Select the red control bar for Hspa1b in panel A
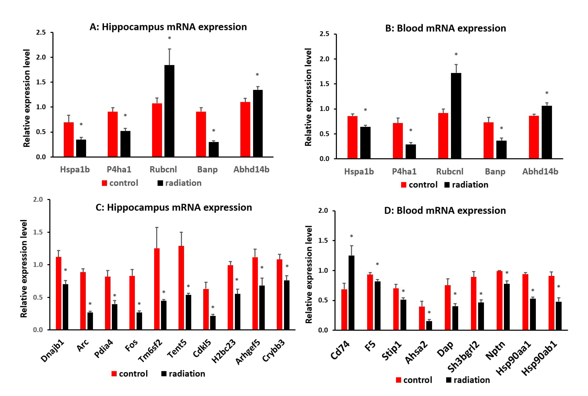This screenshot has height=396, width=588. pyautogui.click(x=69, y=140)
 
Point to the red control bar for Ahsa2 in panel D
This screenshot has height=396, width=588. pyautogui.click(x=422, y=318)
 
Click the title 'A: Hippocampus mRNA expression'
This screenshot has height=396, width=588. pyautogui.click(x=168, y=27)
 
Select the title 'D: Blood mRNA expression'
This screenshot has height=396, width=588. pyautogui.click(x=445, y=210)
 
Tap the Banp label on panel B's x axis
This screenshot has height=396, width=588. pyautogui.click(x=495, y=172)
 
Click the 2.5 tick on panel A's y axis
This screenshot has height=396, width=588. pyautogui.click(x=41, y=32)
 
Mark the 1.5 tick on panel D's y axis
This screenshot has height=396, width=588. pyautogui.click(x=323, y=240)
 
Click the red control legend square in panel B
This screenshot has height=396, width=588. pyautogui.click(x=403, y=185)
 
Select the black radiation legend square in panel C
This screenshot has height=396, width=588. pyautogui.click(x=164, y=374)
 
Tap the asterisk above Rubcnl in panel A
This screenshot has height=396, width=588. pyautogui.click(x=169, y=38)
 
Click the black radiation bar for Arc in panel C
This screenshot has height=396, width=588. pyautogui.click(x=90, y=321)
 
